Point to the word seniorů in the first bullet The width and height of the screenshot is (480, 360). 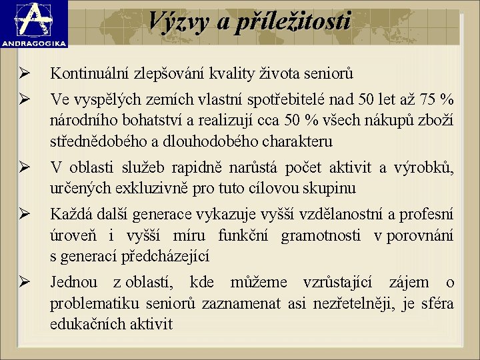(330, 73)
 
